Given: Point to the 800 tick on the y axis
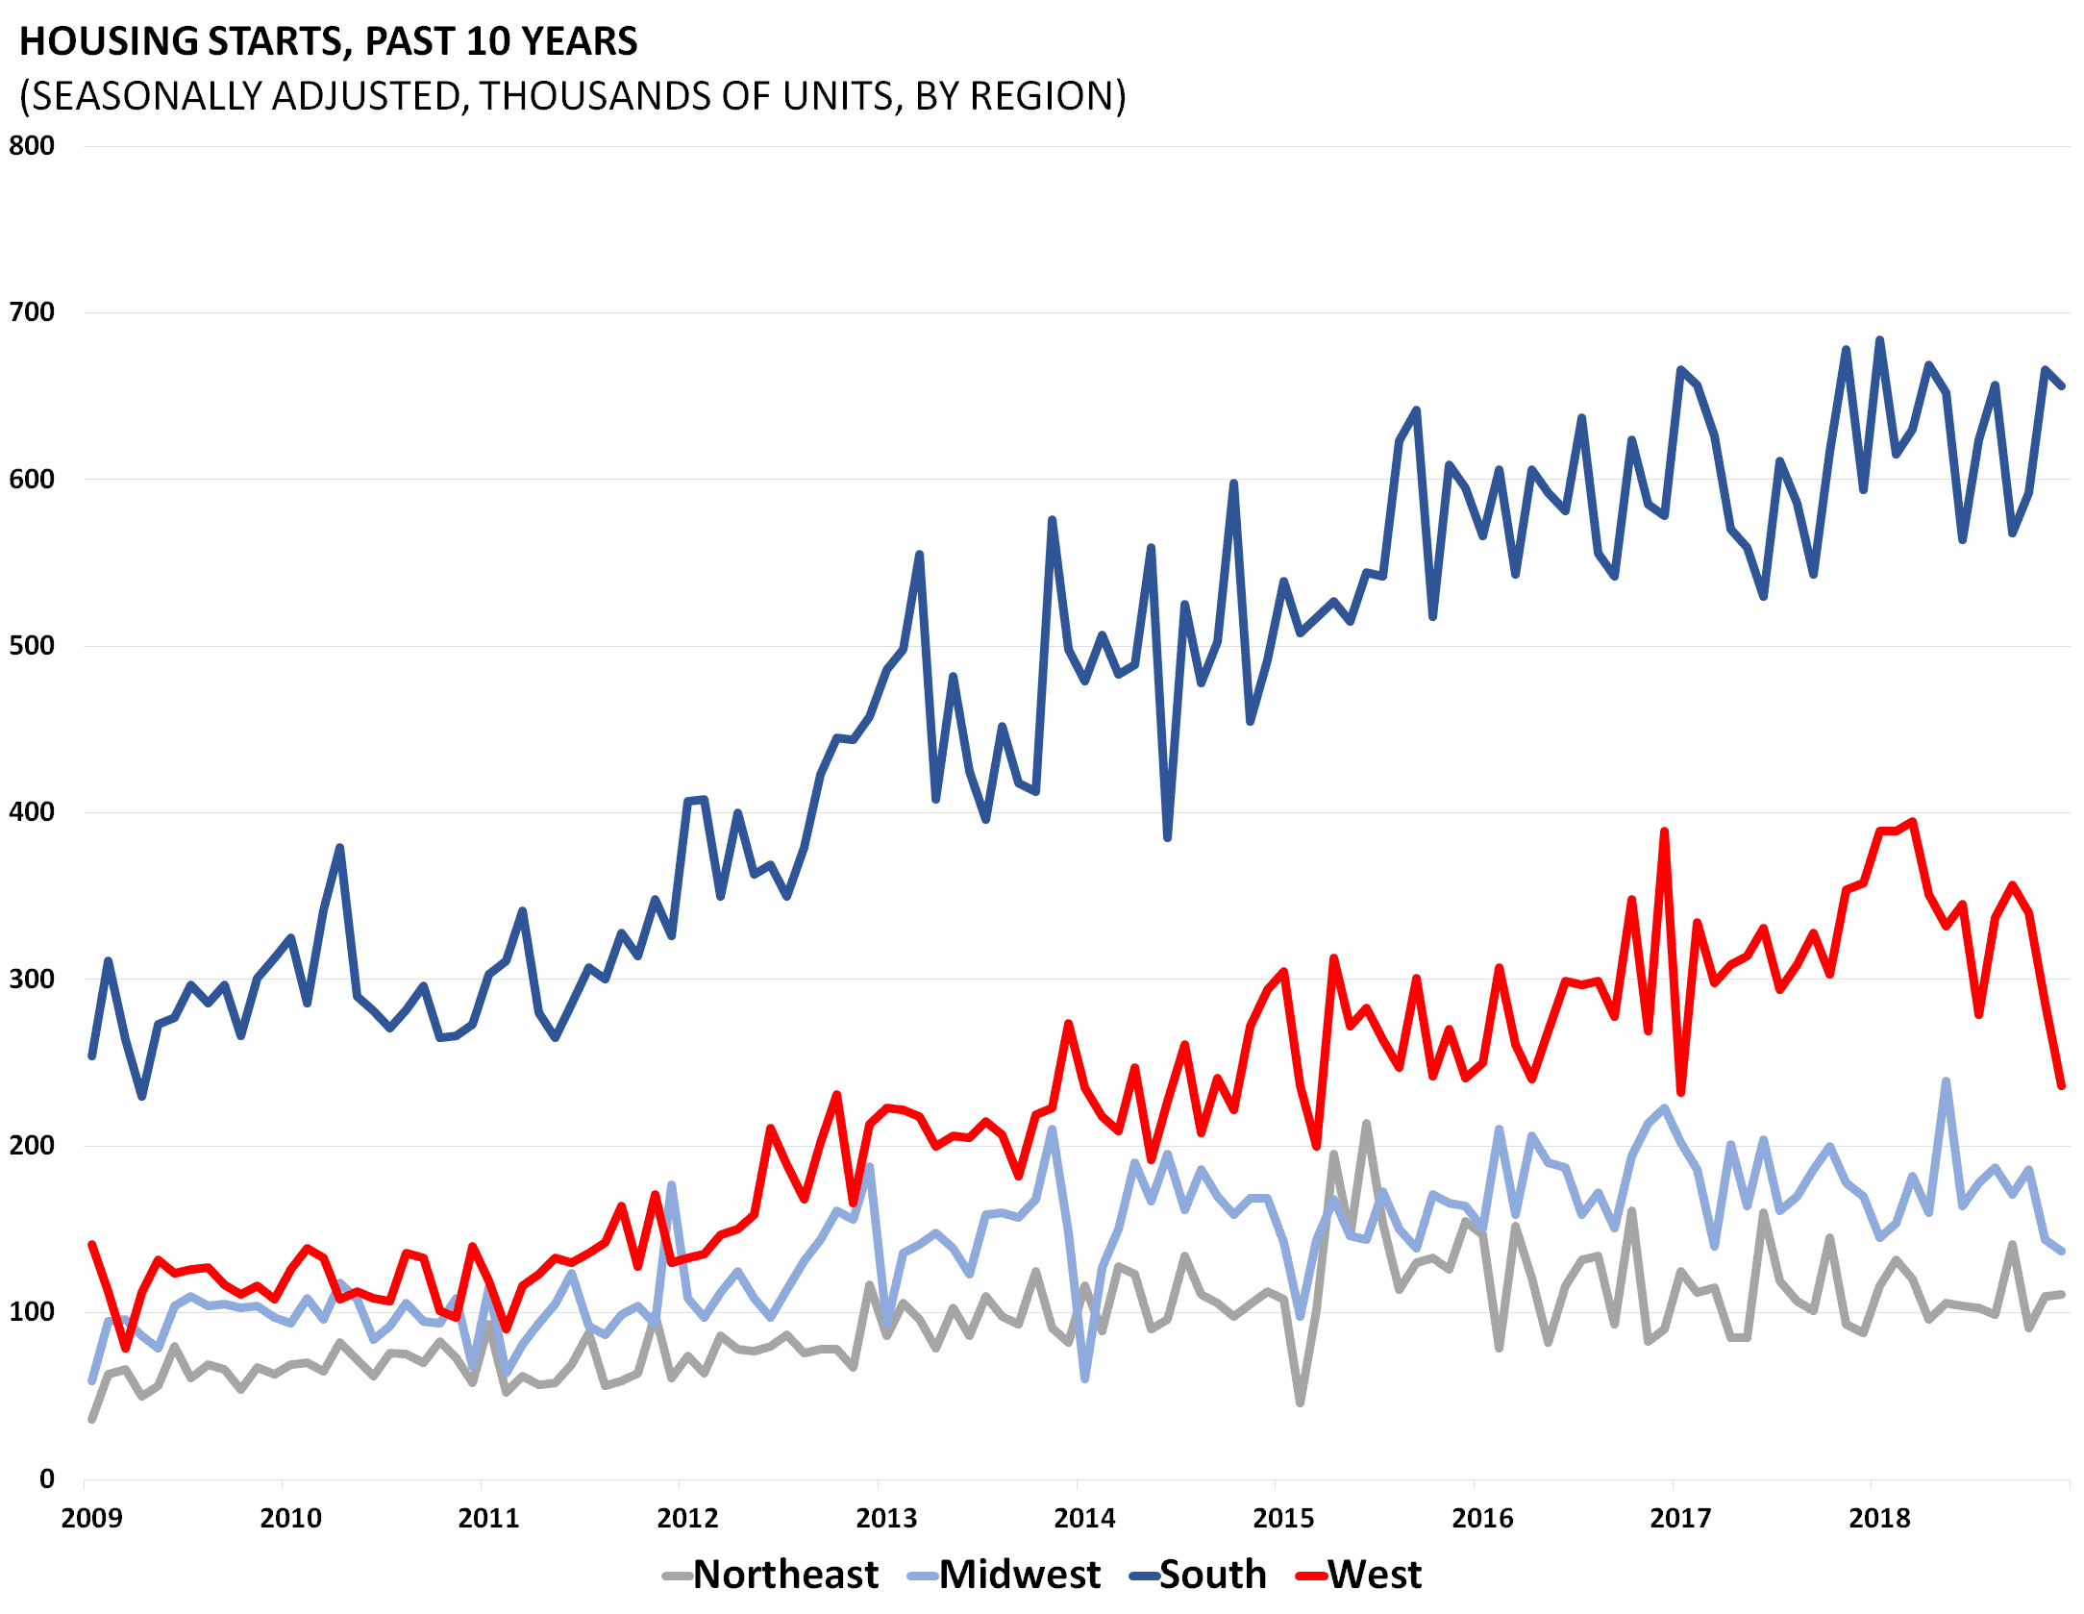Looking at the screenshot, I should (x=32, y=146).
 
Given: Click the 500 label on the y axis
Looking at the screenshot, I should (x=32, y=645).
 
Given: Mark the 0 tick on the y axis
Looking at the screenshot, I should (x=46, y=1478).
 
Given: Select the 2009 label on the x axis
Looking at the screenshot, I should (x=91, y=1518).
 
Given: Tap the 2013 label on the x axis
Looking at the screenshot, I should (x=886, y=1518).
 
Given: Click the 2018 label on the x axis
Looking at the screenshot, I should (x=1879, y=1518).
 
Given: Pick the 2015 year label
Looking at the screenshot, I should (x=1283, y=1518).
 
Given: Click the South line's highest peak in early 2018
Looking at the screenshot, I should (x=1879, y=339).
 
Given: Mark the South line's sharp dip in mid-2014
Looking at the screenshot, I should (x=1167, y=837).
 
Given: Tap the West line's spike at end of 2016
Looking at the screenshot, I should (x=1664, y=832).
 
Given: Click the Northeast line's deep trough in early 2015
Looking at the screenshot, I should (x=1300, y=1403).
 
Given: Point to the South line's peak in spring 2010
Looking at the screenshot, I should (x=340, y=848).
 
